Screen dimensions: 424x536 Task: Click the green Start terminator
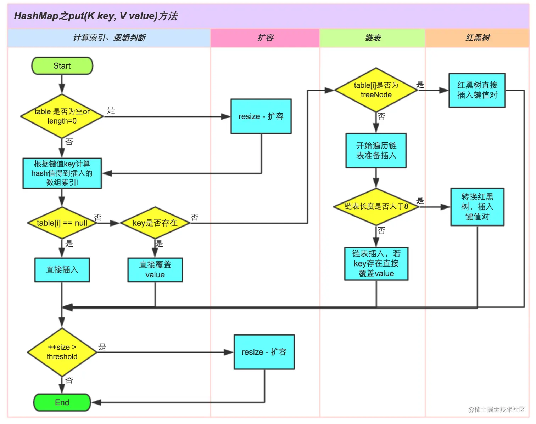62,66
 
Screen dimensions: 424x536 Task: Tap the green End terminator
62,402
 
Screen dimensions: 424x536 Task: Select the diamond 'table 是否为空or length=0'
62,116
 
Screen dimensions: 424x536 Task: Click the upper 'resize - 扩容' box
261,116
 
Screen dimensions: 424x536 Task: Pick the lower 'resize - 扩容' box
264,352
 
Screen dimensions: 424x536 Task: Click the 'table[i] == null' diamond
62,223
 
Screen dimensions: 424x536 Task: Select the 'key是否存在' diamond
155,223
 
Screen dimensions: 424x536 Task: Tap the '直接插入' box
62,270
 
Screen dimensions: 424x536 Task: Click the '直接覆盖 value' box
155,270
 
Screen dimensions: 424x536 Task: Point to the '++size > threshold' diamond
62,352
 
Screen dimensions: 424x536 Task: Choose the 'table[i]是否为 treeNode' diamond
376,90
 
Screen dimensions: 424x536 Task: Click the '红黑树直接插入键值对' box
477,90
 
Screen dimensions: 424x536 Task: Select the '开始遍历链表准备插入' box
376,150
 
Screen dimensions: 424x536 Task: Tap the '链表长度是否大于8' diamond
376,206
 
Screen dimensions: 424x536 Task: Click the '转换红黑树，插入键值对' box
477,207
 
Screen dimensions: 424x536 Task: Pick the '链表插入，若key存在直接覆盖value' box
376,264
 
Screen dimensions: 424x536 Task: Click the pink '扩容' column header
265,38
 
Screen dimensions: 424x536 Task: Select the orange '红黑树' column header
478,38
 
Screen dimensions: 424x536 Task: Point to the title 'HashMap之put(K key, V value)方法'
96,16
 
